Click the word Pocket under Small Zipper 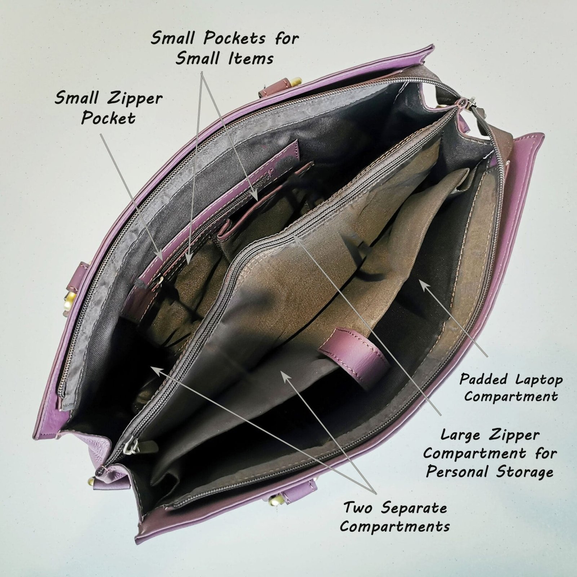coord(108,118)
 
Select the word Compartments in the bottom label coord(395,527)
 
